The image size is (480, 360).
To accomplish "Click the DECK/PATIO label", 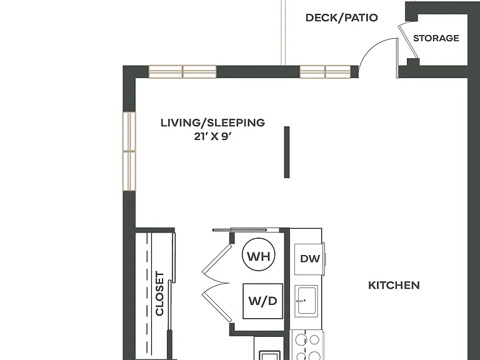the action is coord(342,17).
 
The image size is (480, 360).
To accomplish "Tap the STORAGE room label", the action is coord(436,38).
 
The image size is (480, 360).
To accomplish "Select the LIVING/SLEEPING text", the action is coord(212,122).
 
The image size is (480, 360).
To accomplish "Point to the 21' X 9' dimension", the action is coord(212,136).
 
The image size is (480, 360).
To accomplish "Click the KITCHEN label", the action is coord(394,285).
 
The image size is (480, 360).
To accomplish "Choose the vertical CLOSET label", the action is coord(160,293).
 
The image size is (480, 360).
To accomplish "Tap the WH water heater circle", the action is coord(258,255).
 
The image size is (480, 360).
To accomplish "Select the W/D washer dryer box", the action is coord(262,301).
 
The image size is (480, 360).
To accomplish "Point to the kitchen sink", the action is coord(306,301).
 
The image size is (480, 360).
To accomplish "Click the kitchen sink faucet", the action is coord(301,301).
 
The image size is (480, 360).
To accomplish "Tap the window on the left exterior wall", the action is coord(129,151).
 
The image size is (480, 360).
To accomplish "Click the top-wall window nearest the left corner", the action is coord(182,72).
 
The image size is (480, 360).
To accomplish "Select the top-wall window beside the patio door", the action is coord(325,72).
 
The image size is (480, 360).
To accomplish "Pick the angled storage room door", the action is coord(408,42).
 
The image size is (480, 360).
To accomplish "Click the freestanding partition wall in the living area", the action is coord(286,152).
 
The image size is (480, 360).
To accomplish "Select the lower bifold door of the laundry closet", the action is coord(216,302).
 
